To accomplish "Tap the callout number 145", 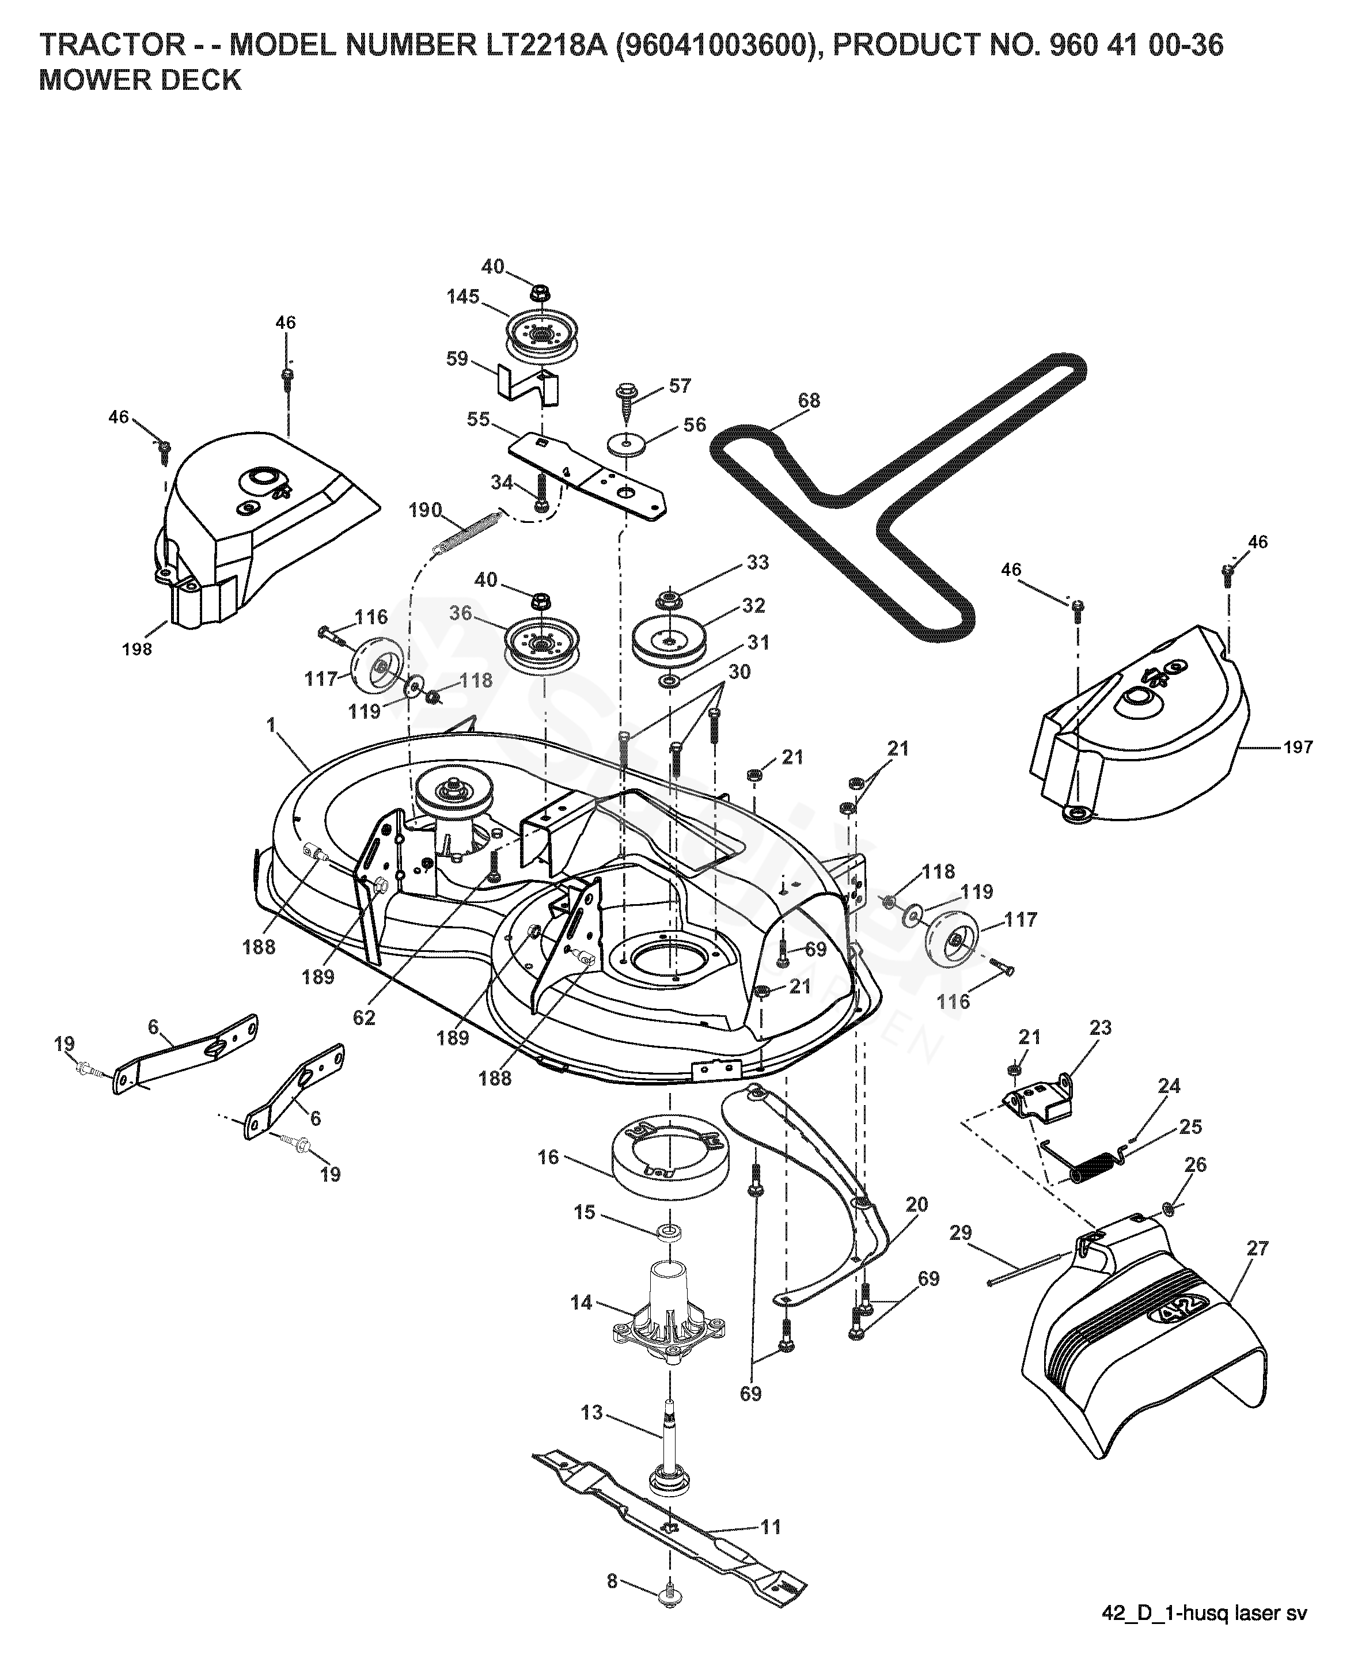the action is tap(463, 297).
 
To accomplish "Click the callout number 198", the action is tap(137, 648).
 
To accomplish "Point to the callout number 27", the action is tap(1257, 1249).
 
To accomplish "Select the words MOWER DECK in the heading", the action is tap(141, 81).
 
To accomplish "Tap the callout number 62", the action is tap(364, 1018).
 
